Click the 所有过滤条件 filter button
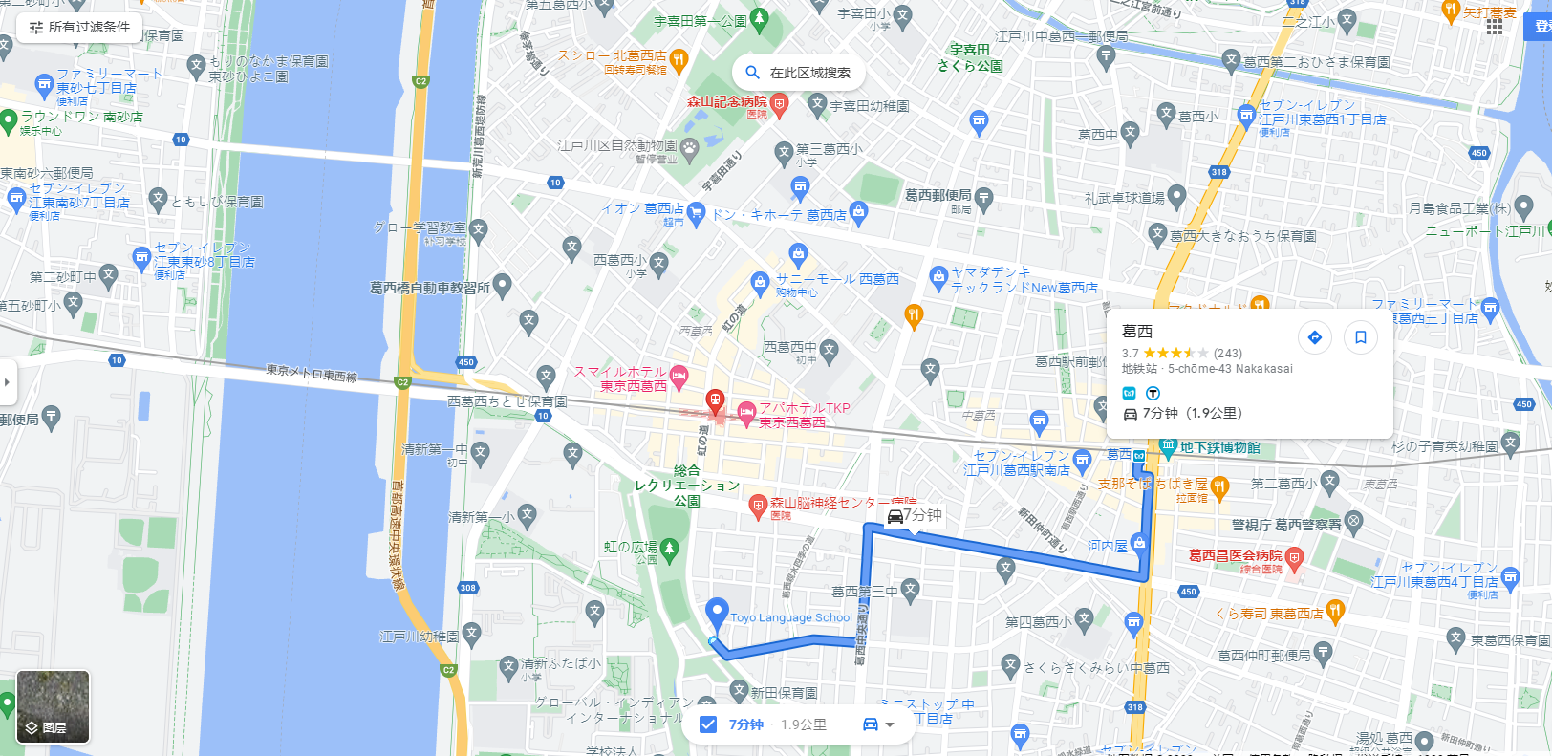(79, 28)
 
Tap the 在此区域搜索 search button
(798, 73)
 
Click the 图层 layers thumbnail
(54, 707)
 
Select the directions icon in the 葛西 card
(1315, 337)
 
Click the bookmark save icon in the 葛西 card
(1361, 337)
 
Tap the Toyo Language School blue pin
(717, 612)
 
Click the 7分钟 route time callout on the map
(914, 516)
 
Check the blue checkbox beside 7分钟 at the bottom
(708, 724)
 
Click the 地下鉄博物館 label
(1219, 447)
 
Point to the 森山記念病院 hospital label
(727, 101)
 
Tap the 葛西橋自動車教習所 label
(430, 287)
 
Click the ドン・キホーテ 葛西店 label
(779, 215)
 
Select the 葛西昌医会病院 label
(1235, 555)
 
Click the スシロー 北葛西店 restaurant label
(612, 56)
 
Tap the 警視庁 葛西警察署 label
(1286, 525)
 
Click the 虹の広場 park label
(630, 547)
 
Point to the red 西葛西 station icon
(715, 399)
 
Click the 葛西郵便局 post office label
(938, 195)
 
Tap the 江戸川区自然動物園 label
(617, 145)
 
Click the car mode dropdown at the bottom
(878, 724)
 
